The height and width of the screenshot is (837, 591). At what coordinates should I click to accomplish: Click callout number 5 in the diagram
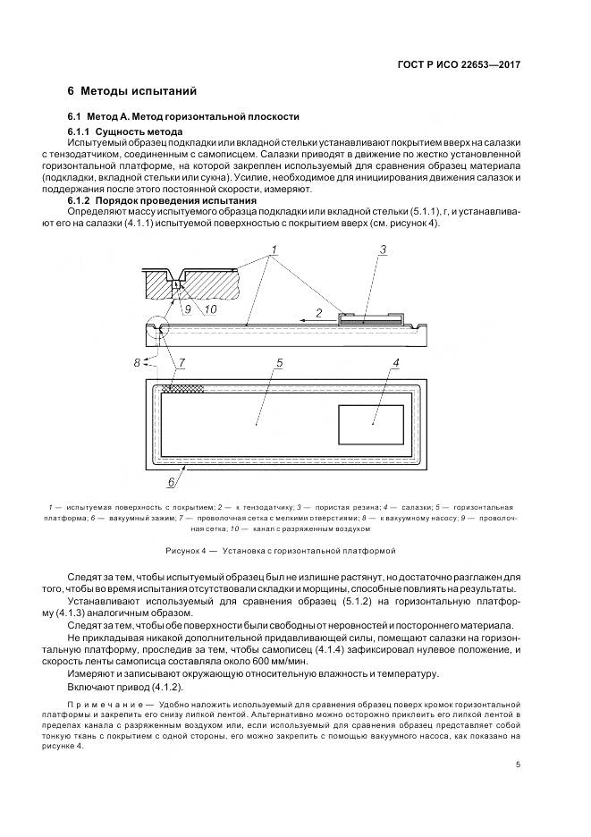[x=280, y=364]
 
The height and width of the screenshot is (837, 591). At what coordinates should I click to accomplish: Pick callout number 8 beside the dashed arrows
[x=138, y=362]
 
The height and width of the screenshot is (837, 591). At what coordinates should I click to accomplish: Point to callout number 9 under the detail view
[x=188, y=309]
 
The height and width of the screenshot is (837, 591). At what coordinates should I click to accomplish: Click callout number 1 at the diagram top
[x=274, y=247]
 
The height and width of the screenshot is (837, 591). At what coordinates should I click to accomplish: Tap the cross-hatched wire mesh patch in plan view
[x=182, y=389]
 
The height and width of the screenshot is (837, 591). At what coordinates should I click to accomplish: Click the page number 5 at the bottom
[x=519, y=765]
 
